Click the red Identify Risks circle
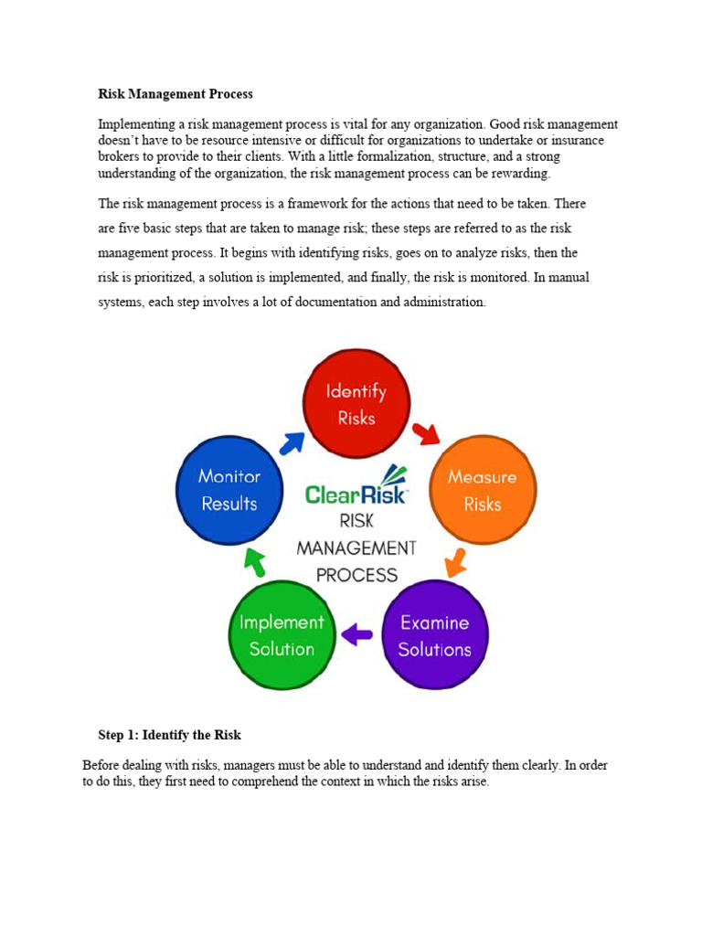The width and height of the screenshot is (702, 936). click(x=356, y=404)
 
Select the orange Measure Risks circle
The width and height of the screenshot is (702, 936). click(x=483, y=490)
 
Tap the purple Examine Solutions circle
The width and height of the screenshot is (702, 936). click(x=434, y=635)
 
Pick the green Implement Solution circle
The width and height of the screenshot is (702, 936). click(x=282, y=635)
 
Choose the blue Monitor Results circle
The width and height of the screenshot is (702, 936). click(x=229, y=490)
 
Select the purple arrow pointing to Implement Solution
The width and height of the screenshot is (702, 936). click(x=356, y=633)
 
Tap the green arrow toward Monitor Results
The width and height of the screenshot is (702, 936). click(x=255, y=562)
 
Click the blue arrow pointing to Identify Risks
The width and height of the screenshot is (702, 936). click(x=292, y=442)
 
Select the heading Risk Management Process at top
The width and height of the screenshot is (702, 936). click(x=175, y=94)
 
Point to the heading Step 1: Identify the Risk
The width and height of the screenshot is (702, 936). click(x=169, y=735)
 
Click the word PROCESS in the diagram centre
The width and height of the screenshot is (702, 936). click(x=356, y=576)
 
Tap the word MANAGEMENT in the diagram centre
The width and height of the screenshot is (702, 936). click(x=356, y=548)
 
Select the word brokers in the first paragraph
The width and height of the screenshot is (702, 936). click(x=120, y=157)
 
